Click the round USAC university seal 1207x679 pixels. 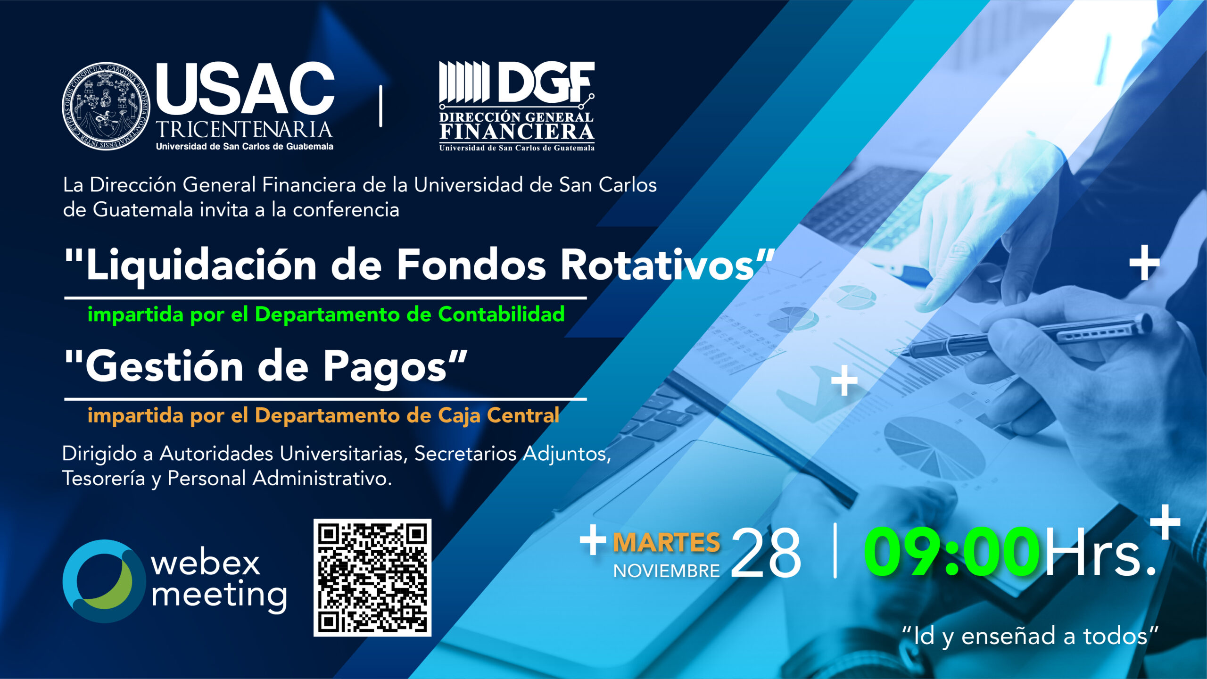coord(106,106)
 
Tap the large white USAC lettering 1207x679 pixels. coord(245,89)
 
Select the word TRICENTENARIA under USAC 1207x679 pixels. coord(244,129)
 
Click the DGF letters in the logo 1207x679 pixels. coord(546,82)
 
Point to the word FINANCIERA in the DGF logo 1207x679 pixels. coord(517,132)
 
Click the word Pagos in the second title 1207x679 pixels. coord(385,367)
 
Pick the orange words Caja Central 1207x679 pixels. coord(499,416)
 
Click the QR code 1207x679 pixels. coord(372,578)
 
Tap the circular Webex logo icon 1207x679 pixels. coord(104,581)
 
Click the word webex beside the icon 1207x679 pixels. coord(206,563)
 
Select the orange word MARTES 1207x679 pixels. coord(666,542)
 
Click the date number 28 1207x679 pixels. coord(766,552)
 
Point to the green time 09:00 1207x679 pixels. coord(951,552)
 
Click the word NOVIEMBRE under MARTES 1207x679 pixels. coord(666,571)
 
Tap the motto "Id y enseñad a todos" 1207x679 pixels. coord(1030,636)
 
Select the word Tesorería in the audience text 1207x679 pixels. coord(104,478)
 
